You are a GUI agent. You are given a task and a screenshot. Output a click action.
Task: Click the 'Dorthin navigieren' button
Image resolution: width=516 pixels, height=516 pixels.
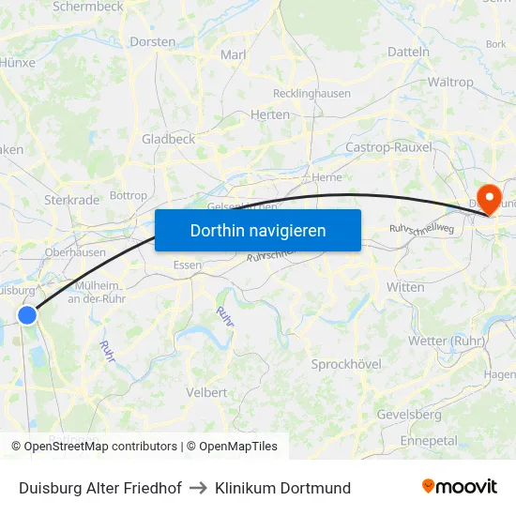(258, 230)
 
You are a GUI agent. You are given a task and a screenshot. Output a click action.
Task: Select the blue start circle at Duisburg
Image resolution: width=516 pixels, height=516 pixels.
(27, 315)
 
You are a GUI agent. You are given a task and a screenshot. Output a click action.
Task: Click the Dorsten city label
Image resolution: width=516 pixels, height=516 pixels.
(153, 42)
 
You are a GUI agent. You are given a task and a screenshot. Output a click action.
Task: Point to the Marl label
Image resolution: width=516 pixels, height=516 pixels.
(233, 55)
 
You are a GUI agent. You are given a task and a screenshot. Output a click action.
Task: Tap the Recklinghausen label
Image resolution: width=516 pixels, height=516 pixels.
(311, 94)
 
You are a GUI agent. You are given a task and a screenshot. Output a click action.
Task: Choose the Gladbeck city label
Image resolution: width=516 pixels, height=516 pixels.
(168, 139)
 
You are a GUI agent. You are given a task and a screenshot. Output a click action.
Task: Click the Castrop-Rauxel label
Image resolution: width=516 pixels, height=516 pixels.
(388, 147)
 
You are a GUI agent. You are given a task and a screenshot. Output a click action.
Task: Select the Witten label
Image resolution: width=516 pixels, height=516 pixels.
(405, 287)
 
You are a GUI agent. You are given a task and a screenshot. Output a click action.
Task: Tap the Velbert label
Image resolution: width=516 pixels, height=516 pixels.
(207, 392)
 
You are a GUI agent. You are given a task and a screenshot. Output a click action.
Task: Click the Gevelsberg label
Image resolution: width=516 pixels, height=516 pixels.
(408, 414)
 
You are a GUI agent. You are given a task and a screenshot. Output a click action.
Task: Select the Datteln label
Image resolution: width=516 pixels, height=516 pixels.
(408, 53)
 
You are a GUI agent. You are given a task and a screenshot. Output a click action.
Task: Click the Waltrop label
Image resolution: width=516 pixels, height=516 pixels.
(450, 82)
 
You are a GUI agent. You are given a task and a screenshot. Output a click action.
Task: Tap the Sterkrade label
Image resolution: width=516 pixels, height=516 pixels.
(71, 200)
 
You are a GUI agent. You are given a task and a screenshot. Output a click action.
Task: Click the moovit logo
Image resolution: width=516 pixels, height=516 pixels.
(460, 487)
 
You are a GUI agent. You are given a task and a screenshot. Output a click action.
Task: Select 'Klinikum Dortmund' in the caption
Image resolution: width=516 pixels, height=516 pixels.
(282, 488)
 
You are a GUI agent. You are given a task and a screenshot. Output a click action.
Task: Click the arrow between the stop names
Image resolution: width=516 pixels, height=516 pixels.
(198, 488)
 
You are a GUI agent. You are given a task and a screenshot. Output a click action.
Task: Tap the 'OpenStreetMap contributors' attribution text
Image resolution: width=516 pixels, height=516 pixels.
(100, 447)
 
